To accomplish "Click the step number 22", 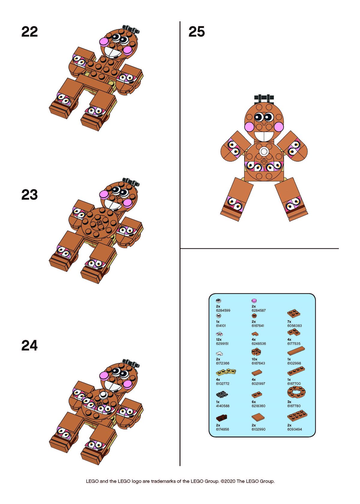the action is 29,32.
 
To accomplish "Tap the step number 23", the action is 29,195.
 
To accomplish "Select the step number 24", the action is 29,345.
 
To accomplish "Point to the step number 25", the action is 196,32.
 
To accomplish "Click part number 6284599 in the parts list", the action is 223,310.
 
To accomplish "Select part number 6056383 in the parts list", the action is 294,325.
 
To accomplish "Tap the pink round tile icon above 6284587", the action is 254,301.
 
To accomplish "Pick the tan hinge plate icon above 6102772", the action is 226,372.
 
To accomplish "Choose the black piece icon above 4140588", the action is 222,394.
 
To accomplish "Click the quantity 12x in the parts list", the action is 219,340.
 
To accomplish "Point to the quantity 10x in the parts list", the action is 254,359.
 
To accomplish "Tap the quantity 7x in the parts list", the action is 289,322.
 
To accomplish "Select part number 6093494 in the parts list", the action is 294,429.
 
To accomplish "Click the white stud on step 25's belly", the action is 263,151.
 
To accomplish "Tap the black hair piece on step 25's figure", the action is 264,98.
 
